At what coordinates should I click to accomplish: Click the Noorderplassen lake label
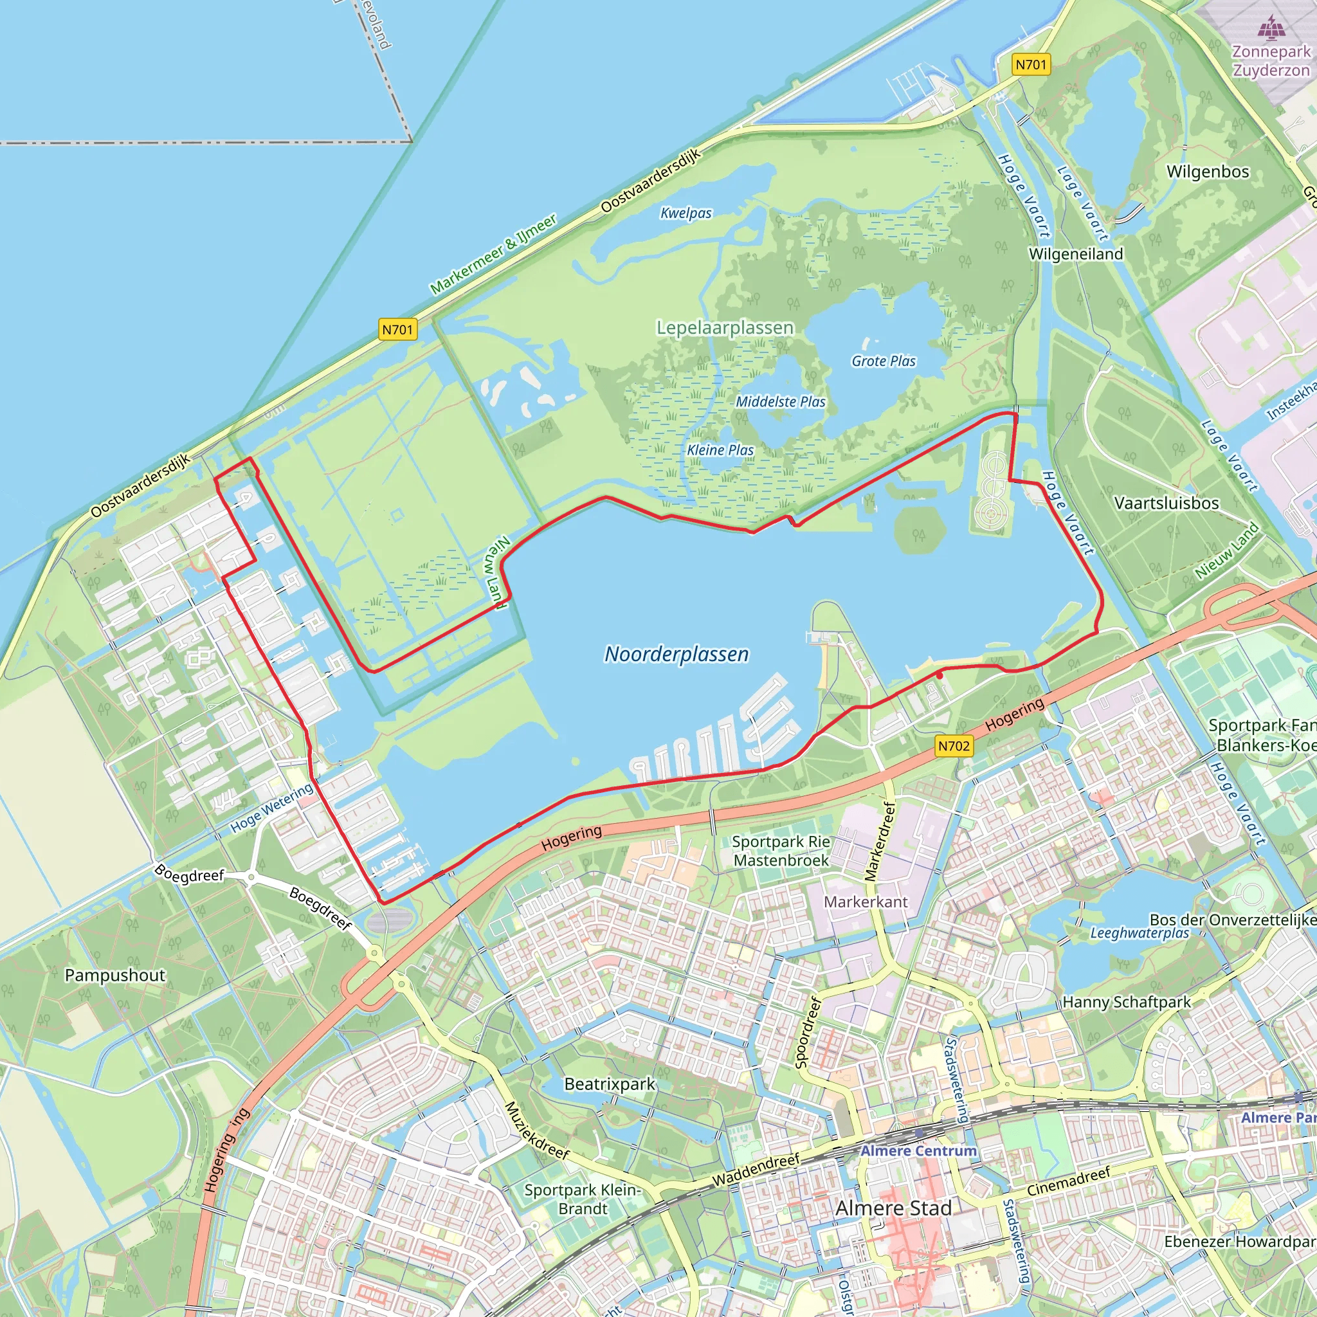(x=677, y=655)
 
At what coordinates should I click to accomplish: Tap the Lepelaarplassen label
(x=725, y=328)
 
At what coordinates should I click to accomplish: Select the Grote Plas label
(x=884, y=361)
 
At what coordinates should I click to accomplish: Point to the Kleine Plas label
(x=720, y=450)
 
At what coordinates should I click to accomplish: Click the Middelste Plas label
(x=780, y=402)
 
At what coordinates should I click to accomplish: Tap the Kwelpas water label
(x=686, y=213)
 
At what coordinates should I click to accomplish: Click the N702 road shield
(x=954, y=746)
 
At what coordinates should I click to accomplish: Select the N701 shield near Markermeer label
(x=397, y=330)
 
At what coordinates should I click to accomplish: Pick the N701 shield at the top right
(x=1031, y=65)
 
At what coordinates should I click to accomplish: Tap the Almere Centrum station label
(x=918, y=1150)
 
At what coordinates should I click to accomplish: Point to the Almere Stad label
(x=894, y=1208)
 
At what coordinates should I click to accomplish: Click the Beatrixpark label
(x=610, y=1084)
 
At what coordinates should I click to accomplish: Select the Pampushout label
(x=114, y=976)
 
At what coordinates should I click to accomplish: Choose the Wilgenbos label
(x=1208, y=171)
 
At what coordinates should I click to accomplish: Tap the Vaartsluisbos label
(x=1167, y=503)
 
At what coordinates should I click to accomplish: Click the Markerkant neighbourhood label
(x=866, y=902)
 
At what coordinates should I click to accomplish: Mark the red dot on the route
(x=940, y=675)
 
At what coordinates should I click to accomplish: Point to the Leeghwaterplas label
(x=1140, y=932)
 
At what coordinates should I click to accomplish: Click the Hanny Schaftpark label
(x=1127, y=1002)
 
